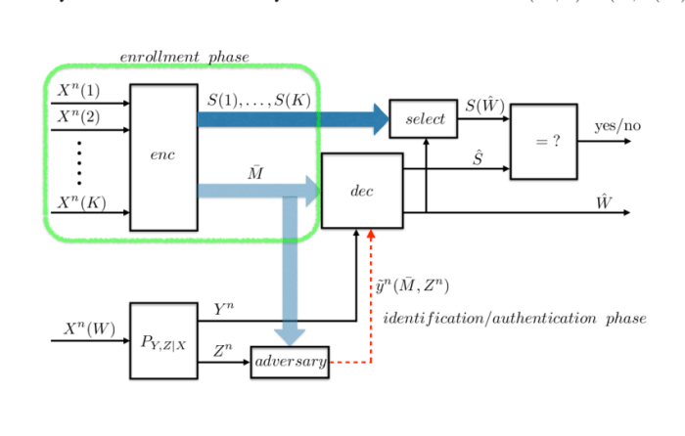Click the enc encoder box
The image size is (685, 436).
click(163, 156)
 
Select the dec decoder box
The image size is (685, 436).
click(362, 191)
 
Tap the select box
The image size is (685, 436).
click(426, 119)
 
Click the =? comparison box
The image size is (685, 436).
click(543, 141)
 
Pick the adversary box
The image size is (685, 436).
click(290, 362)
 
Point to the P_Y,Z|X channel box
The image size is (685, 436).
click(163, 340)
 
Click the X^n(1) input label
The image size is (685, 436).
click(78, 90)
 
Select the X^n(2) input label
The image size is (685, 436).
click(78, 116)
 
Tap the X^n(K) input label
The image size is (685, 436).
click(79, 202)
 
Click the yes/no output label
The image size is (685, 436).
click(617, 126)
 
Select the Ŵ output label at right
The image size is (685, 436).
click(605, 199)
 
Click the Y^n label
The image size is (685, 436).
click(224, 309)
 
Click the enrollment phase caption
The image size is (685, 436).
click(184, 57)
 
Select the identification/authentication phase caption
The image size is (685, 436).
click(514, 319)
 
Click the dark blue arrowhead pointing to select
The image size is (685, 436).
click(379, 118)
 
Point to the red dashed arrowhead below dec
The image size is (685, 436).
click(371, 235)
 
